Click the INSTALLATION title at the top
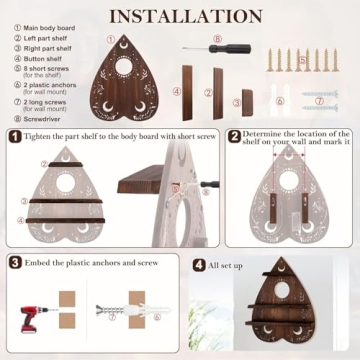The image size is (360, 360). (x=179, y=16)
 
